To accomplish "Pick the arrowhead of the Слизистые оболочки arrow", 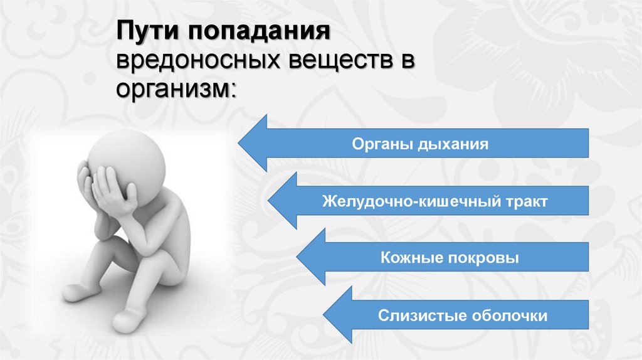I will (326, 314).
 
